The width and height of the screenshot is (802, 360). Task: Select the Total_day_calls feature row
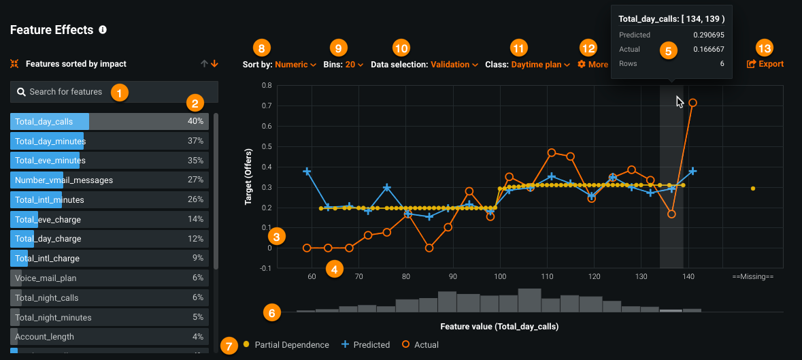coord(109,122)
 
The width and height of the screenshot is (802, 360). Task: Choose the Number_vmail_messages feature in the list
coord(109,180)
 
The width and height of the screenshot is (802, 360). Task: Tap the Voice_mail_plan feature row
coord(109,278)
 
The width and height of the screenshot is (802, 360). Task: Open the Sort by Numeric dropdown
coord(280,65)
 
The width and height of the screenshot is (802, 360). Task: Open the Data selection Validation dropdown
coord(424,65)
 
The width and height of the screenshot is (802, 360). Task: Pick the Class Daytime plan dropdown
coord(527,65)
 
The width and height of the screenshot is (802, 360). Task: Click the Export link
coord(765,64)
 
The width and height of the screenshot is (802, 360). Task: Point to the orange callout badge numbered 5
coord(669,51)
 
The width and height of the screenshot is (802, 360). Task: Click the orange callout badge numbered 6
coord(272,313)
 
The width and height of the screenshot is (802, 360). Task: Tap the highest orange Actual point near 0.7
coord(692,103)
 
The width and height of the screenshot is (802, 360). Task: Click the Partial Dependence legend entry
coord(286,345)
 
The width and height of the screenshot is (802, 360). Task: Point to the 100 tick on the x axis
coord(500,277)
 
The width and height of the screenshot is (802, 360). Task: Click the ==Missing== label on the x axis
coord(753,277)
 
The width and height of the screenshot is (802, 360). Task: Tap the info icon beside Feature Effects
coord(103,30)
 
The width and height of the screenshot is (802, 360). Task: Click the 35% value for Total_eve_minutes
coord(196,161)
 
